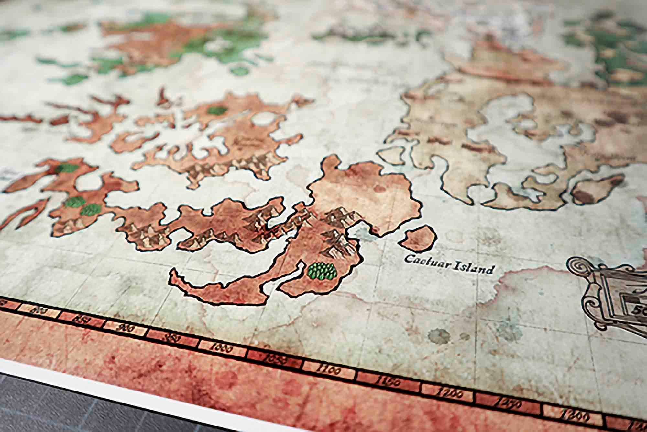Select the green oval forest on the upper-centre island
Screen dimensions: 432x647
coord(216,111)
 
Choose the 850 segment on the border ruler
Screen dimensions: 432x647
coord(82,321)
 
